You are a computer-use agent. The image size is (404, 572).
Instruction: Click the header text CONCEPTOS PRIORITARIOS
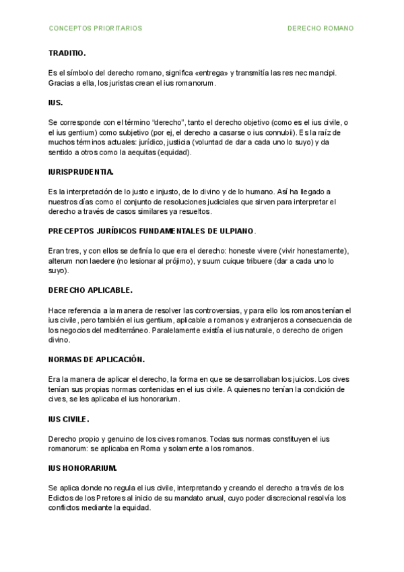coord(96,28)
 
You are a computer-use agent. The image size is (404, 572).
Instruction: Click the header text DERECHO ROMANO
coord(321,28)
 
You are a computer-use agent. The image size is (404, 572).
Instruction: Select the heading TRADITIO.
coord(67,53)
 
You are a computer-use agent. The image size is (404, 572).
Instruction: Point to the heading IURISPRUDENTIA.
coord(81,172)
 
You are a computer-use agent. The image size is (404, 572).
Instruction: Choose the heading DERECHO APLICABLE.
coord(90,290)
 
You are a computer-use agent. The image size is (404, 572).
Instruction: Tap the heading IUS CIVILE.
coord(69,419)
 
